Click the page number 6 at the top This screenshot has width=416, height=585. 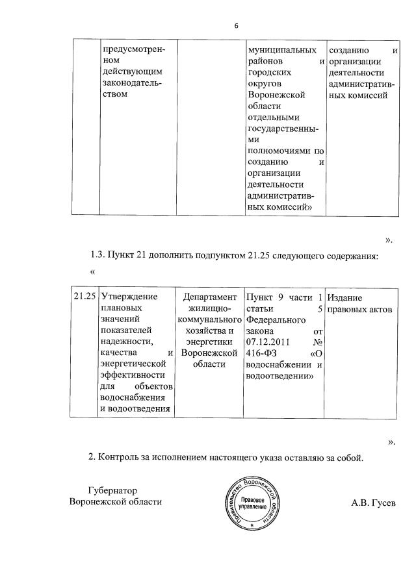click(x=237, y=25)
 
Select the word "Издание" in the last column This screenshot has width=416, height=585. click(x=345, y=297)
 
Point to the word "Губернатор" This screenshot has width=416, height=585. click(x=115, y=490)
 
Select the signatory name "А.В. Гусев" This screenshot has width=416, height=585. click(x=372, y=503)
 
